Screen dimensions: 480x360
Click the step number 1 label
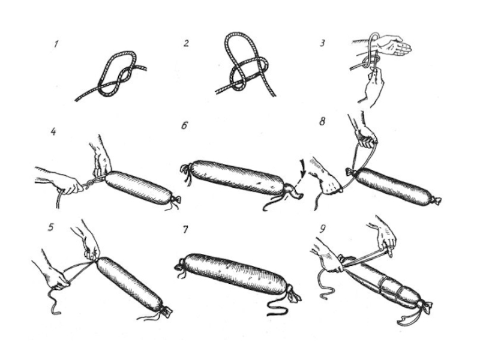click(x=56, y=44)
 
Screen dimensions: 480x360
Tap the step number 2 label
click(x=186, y=43)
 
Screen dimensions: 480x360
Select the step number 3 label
click(x=322, y=43)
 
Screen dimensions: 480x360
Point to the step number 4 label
click(x=53, y=131)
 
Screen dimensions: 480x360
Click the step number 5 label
click(x=51, y=227)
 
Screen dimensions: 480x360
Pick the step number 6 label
click(x=184, y=125)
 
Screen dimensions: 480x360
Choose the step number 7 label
click(x=185, y=229)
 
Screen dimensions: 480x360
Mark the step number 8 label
click(x=322, y=122)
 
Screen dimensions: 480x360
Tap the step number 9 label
click(x=322, y=229)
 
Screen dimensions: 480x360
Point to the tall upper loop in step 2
click(x=239, y=50)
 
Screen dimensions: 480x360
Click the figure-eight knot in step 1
click(x=117, y=74)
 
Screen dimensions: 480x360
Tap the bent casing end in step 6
click(x=293, y=191)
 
